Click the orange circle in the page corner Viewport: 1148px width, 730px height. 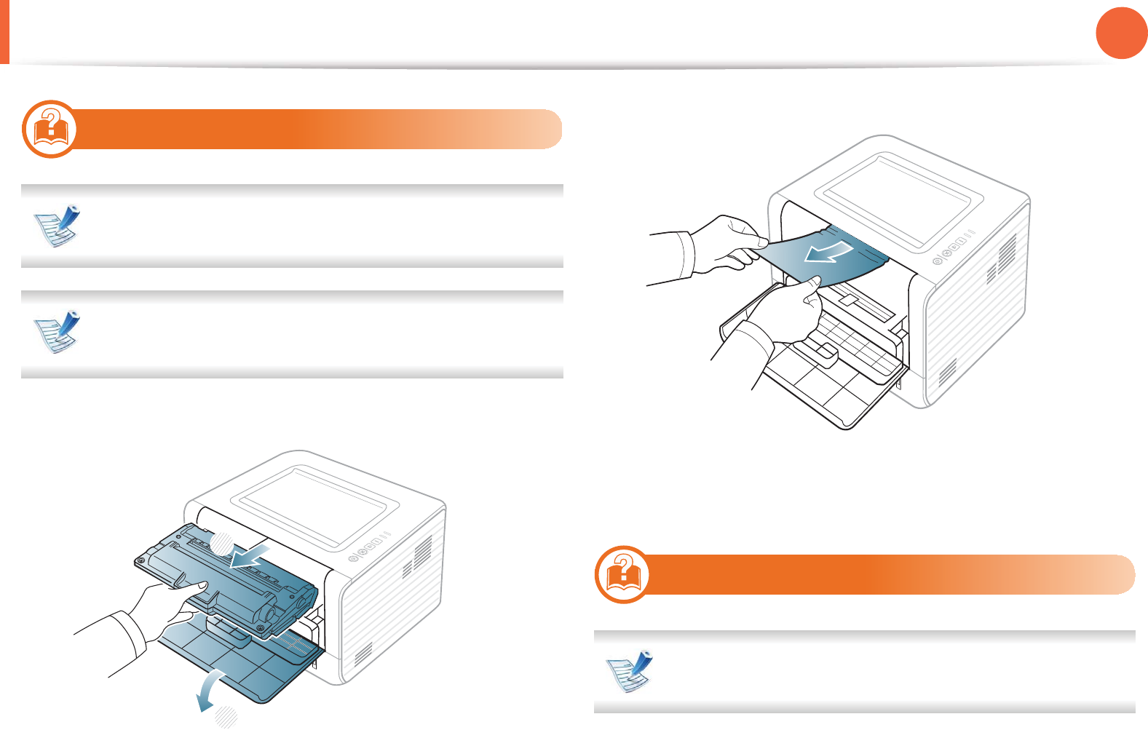click(x=1121, y=33)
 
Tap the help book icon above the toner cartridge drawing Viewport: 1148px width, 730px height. click(x=50, y=129)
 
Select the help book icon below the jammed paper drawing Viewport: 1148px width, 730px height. click(x=622, y=574)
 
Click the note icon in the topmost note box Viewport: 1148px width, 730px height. click(x=58, y=226)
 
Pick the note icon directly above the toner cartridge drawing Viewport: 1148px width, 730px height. click(x=58, y=332)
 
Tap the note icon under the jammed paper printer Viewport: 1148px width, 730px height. click(x=630, y=671)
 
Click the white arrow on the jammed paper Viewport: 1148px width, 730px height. click(x=829, y=252)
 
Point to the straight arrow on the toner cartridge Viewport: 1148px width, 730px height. click(x=250, y=555)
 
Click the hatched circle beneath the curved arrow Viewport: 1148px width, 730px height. click(x=226, y=716)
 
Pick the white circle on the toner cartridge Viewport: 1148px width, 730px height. click(x=221, y=543)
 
